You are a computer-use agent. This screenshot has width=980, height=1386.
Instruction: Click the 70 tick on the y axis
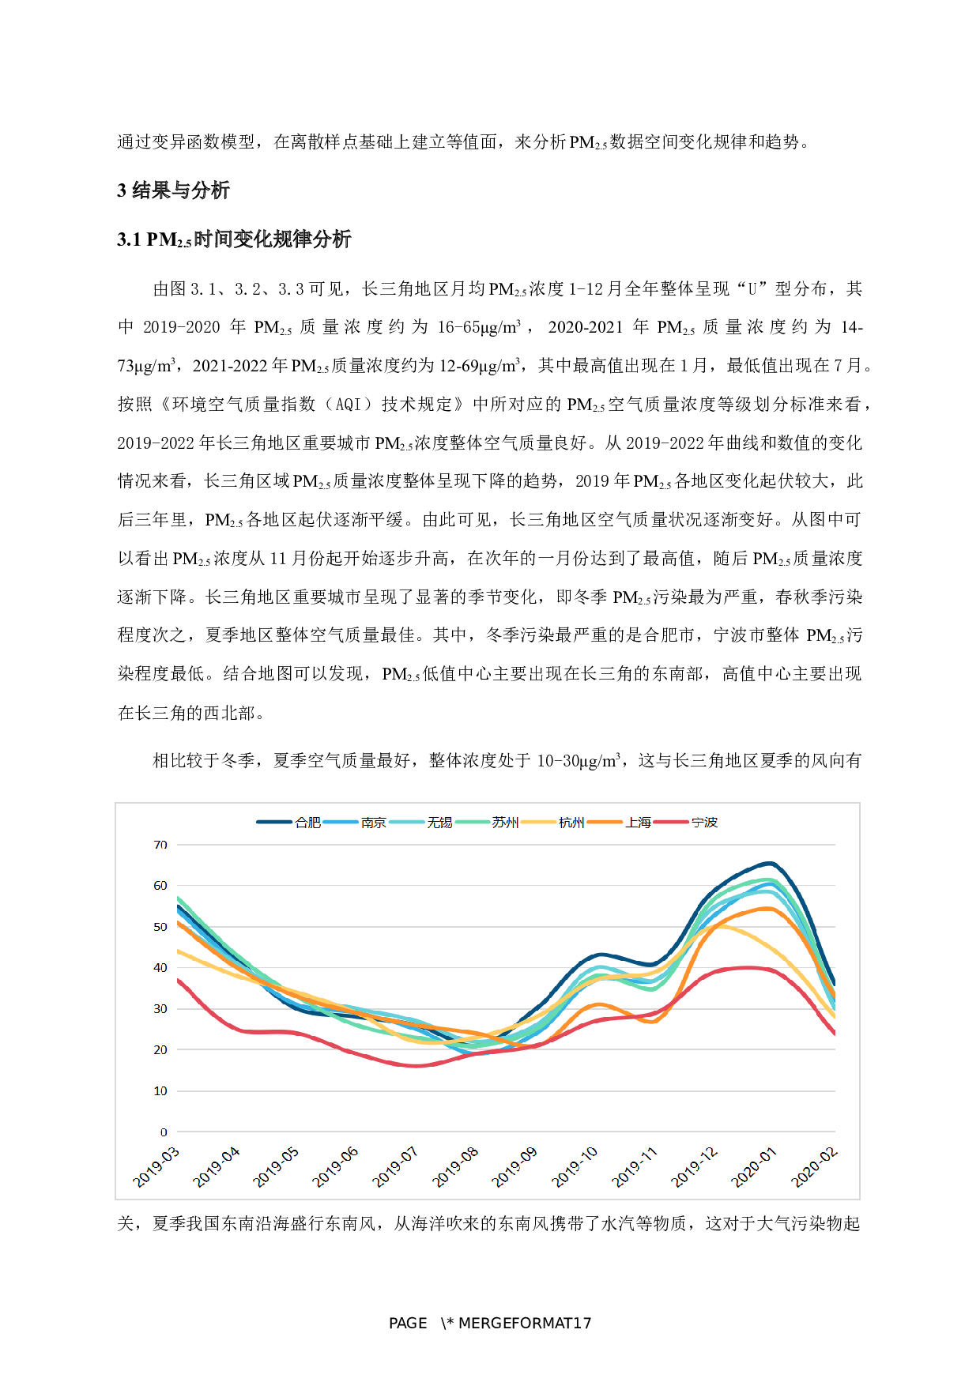click(x=160, y=845)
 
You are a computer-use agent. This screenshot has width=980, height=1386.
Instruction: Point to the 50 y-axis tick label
click(x=160, y=927)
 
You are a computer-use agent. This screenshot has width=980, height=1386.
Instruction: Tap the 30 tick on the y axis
click(x=160, y=1009)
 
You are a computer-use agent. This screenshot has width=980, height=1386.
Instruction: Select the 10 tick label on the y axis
click(x=160, y=1091)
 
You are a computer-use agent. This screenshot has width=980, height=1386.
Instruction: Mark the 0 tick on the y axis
click(x=164, y=1132)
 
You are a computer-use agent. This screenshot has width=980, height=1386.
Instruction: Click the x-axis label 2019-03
click(x=156, y=1167)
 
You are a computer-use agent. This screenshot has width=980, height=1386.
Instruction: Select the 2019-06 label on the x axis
click(x=336, y=1167)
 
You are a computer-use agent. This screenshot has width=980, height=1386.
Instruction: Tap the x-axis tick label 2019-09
click(x=514, y=1167)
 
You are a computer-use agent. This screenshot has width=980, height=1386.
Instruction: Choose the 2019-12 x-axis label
click(x=695, y=1167)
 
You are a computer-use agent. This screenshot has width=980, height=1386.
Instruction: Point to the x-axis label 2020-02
click(x=814, y=1167)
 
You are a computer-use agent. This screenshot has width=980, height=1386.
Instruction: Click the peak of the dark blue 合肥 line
click(x=770, y=863)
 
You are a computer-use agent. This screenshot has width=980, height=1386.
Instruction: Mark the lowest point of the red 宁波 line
click(x=416, y=1066)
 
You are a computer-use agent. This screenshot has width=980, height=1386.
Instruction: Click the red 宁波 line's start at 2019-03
click(x=179, y=980)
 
